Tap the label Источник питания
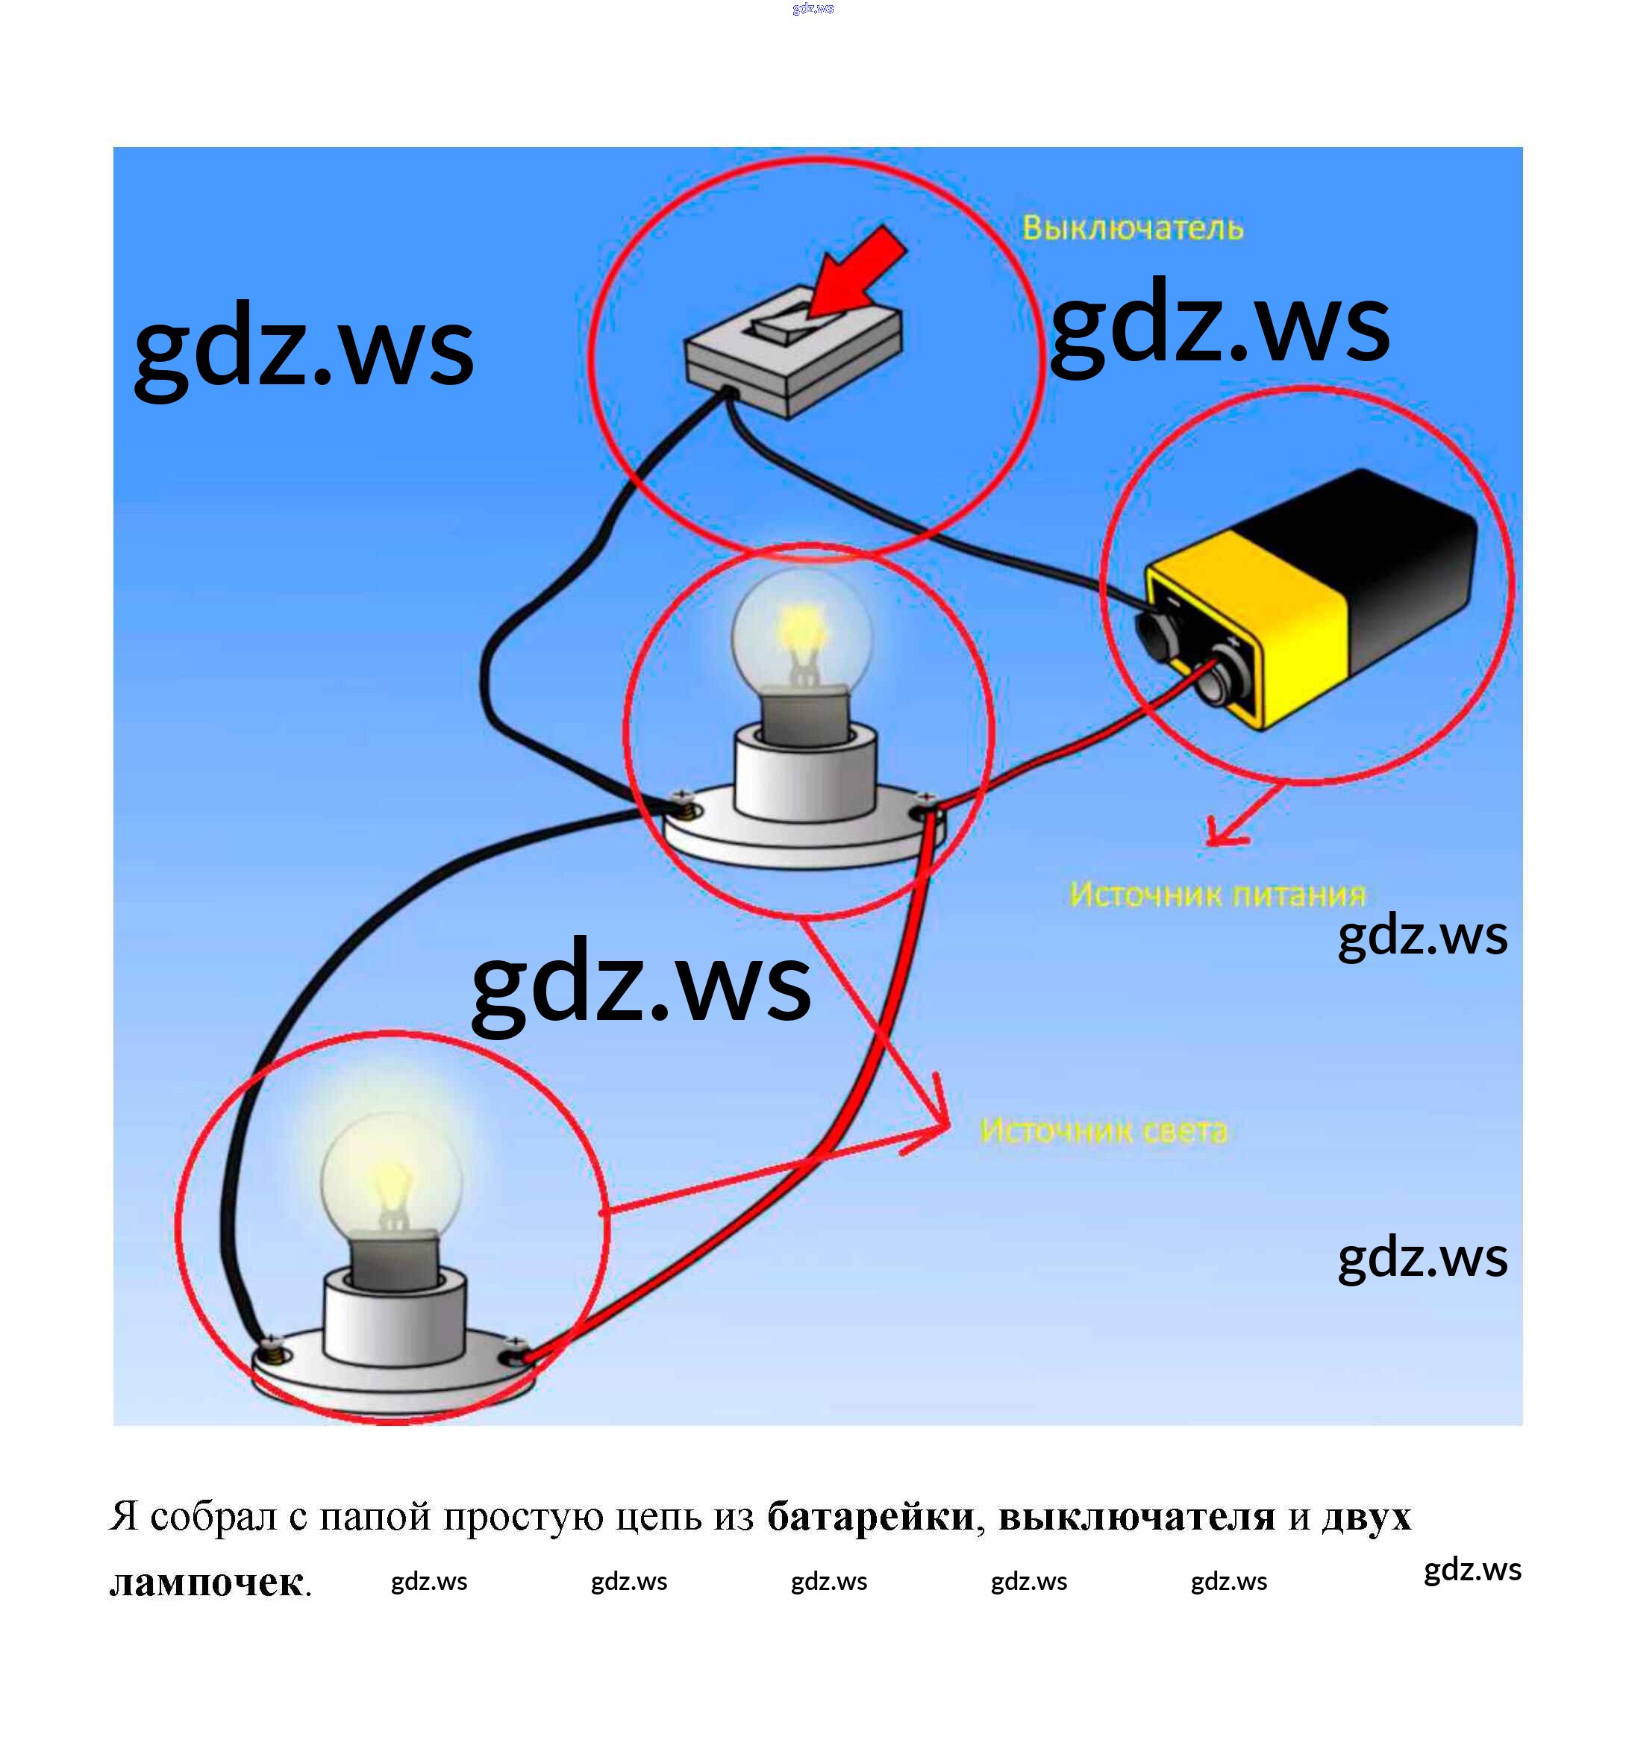coord(1217,894)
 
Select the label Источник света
coord(1104,1130)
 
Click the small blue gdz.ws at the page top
coord(813,9)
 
